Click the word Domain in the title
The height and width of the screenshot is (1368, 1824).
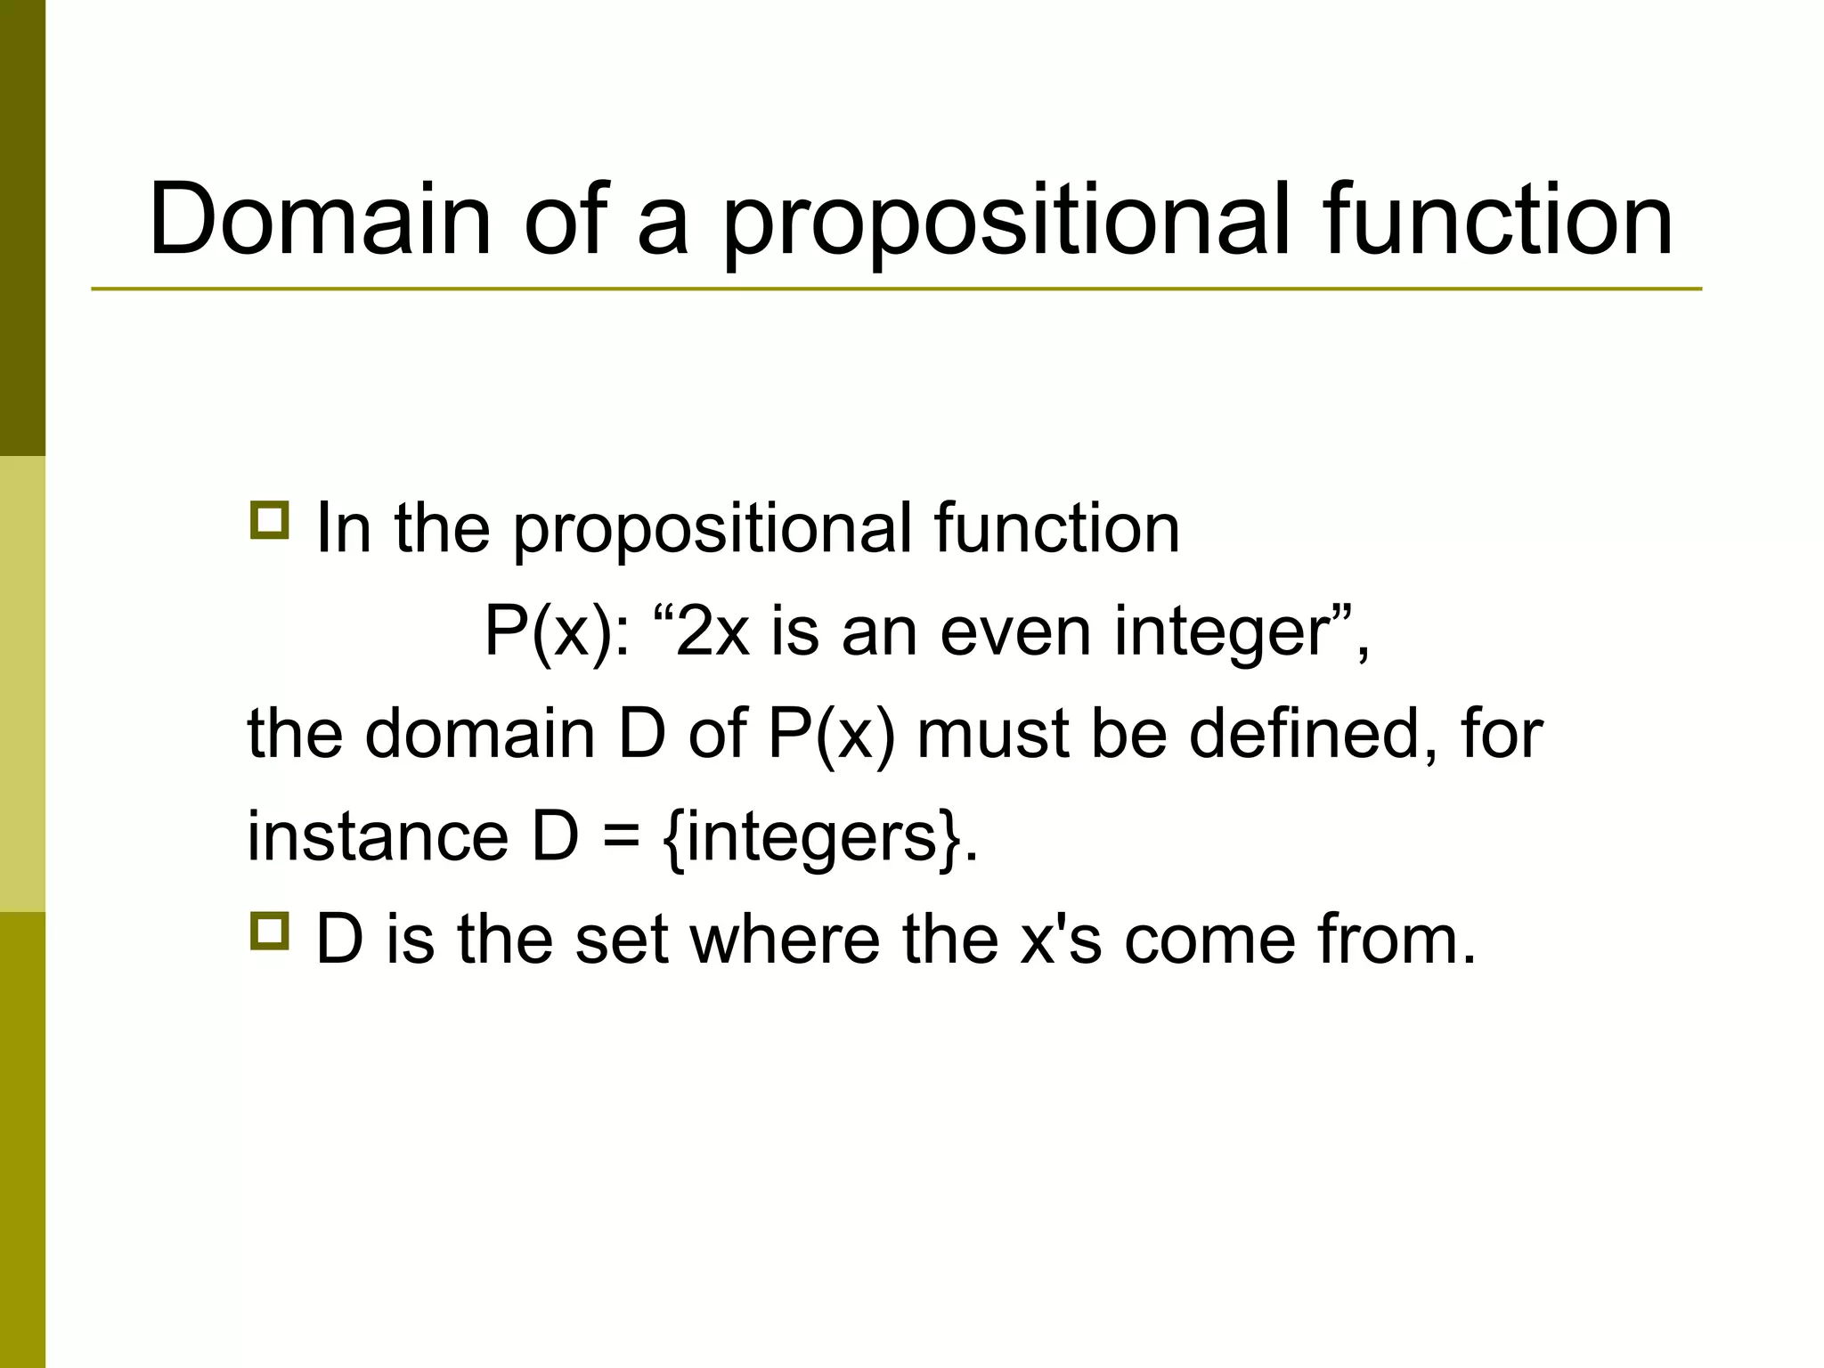click(320, 219)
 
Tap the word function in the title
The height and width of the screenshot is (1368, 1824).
click(1497, 219)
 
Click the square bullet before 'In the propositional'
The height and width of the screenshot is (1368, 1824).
click(269, 521)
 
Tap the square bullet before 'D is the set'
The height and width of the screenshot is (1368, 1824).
click(269, 932)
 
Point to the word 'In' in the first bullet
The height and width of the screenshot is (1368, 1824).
click(344, 528)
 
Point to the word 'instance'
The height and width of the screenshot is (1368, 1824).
click(377, 836)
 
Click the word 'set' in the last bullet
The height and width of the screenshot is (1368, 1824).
click(621, 940)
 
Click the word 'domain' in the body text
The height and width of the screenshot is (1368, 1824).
click(479, 734)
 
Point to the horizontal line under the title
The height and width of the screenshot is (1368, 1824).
click(896, 289)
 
